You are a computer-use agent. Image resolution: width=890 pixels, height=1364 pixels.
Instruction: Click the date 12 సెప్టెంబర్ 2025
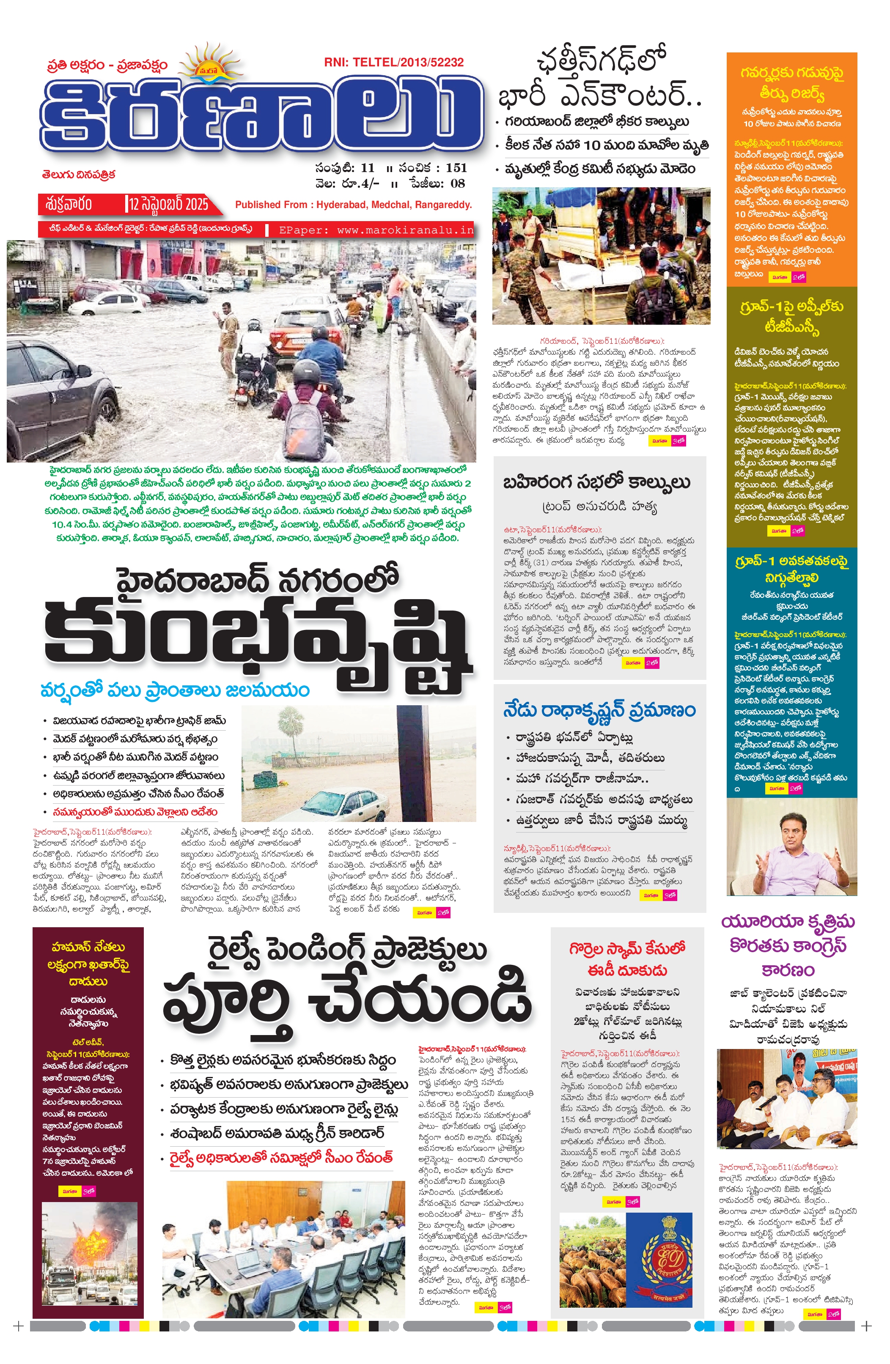[168, 204]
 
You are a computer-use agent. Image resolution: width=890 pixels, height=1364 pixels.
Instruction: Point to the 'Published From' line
[353, 205]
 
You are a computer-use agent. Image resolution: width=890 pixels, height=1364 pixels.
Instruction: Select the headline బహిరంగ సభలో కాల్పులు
[596, 482]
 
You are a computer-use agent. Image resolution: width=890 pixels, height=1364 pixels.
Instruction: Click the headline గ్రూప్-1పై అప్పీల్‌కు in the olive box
[791, 307]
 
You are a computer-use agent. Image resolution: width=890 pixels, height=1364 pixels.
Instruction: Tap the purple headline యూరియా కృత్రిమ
[788, 922]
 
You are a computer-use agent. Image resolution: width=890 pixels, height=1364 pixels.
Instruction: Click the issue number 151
[456, 168]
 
